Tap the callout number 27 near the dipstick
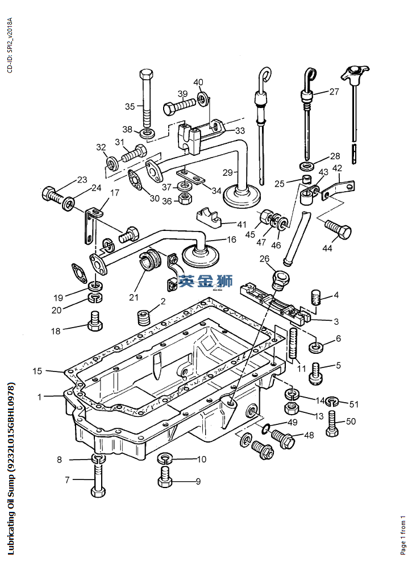334,92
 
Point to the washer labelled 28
307,166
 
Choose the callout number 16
231,239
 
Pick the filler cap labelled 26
280,279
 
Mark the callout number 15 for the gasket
37,371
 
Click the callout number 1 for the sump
40,396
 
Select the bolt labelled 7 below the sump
98,480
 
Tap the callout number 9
198,481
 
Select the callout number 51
354,404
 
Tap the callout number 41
242,224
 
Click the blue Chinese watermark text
197,281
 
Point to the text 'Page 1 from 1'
403,535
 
